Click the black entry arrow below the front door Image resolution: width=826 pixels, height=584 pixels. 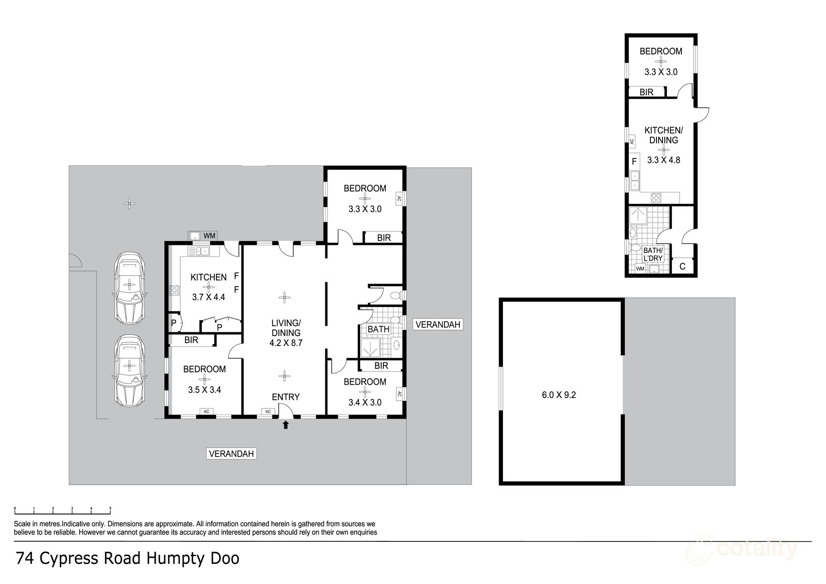[286, 425]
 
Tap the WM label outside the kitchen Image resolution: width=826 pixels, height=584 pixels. [209, 236]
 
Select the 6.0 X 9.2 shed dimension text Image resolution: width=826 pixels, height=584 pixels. [558, 395]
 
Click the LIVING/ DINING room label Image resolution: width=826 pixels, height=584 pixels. [286, 328]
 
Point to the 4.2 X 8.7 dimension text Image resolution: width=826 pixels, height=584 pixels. [286, 343]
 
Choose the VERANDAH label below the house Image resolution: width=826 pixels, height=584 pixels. [231, 454]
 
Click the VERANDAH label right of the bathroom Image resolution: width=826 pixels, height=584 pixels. [438, 324]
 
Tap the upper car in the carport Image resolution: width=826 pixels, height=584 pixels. [129, 287]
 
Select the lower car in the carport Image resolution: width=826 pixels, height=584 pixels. [129, 371]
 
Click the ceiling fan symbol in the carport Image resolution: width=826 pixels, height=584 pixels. [129, 204]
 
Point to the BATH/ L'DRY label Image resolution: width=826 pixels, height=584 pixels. [653, 254]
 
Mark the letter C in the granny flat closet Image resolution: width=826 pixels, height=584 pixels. [682, 267]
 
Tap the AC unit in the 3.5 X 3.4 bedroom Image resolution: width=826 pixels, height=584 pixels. [206, 412]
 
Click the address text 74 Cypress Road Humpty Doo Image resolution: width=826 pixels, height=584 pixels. [127, 559]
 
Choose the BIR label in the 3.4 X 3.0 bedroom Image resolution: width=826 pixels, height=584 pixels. [381, 366]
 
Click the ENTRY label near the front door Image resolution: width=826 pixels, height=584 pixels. [286, 397]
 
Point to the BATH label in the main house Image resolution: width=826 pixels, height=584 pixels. [379, 329]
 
